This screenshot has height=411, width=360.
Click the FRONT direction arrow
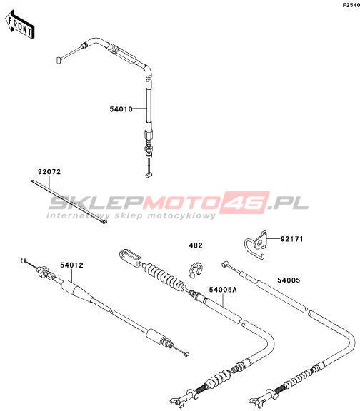pos(20,25)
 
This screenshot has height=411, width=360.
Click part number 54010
pos(121,109)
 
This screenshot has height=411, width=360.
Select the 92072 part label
pos(49,172)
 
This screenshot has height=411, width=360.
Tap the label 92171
pos(291,239)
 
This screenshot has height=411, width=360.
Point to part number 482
pos(196,245)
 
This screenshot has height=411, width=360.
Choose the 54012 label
pos(71,265)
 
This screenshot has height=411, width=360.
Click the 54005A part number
pos(223,290)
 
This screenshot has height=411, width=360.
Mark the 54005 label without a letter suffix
pos(289,280)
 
